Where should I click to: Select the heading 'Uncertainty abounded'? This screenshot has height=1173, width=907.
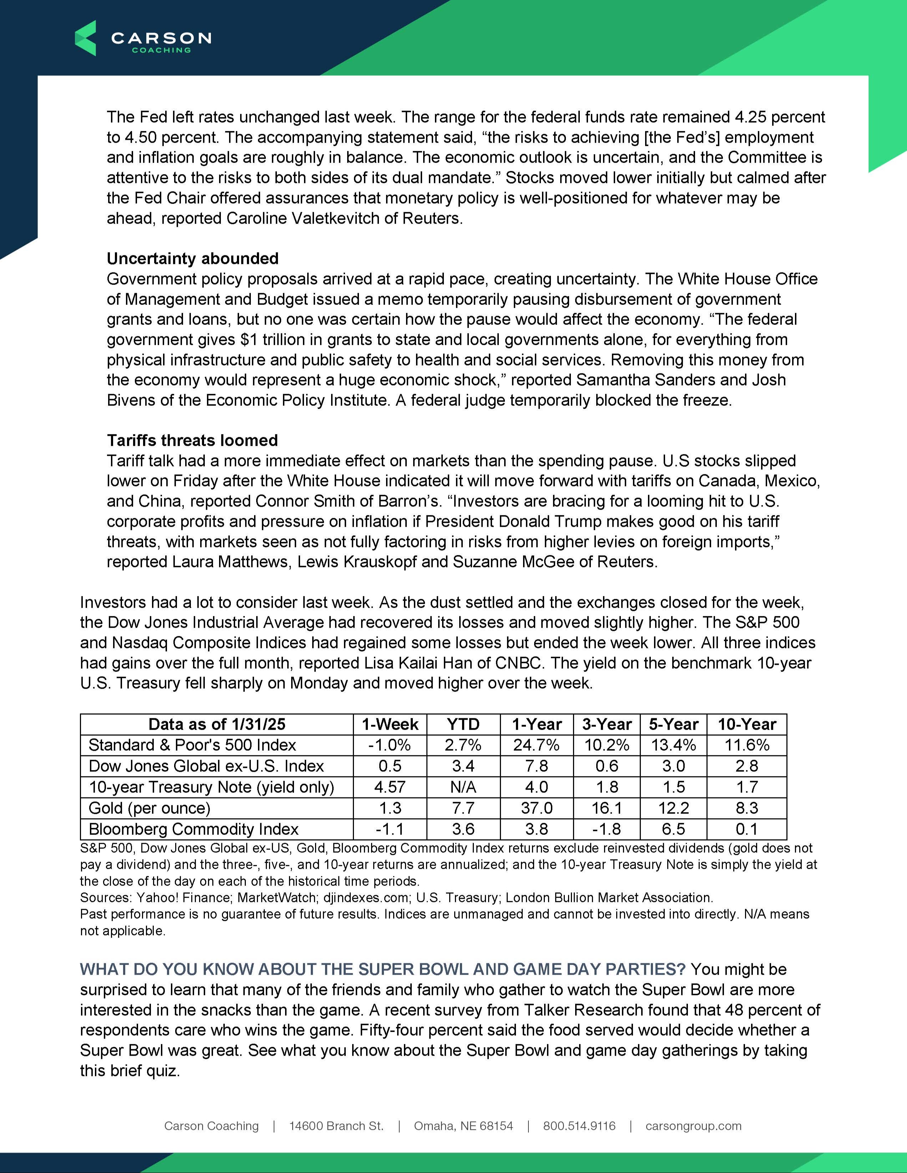click(x=192, y=258)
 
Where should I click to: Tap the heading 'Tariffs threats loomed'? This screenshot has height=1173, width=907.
click(x=192, y=440)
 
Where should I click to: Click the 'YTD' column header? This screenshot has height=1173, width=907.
click(x=463, y=724)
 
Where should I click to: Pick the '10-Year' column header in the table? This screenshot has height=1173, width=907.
click(x=746, y=724)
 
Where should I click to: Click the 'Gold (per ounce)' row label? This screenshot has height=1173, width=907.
click(x=150, y=808)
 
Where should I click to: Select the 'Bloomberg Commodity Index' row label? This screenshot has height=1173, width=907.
click(x=193, y=829)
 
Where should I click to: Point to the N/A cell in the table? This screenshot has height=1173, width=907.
click(x=463, y=787)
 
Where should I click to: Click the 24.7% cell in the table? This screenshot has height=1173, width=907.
click(x=536, y=745)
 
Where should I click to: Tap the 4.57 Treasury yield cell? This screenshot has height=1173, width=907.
click(x=390, y=787)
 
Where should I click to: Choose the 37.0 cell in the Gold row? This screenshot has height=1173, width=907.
click(x=536, y=808)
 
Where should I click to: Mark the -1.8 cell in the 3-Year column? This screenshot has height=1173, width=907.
click(x=607, y=829)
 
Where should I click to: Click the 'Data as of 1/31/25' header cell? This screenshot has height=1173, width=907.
click(x=217, y=724)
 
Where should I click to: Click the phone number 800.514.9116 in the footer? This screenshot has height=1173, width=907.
click(x=579, y=1126)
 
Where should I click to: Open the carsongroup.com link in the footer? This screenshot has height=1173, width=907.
click(x=693, y=1126)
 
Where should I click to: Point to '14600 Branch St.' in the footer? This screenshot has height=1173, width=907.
click(x=336, y=1126)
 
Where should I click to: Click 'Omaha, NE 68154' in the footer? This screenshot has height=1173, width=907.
click(x=463, y=1126)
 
